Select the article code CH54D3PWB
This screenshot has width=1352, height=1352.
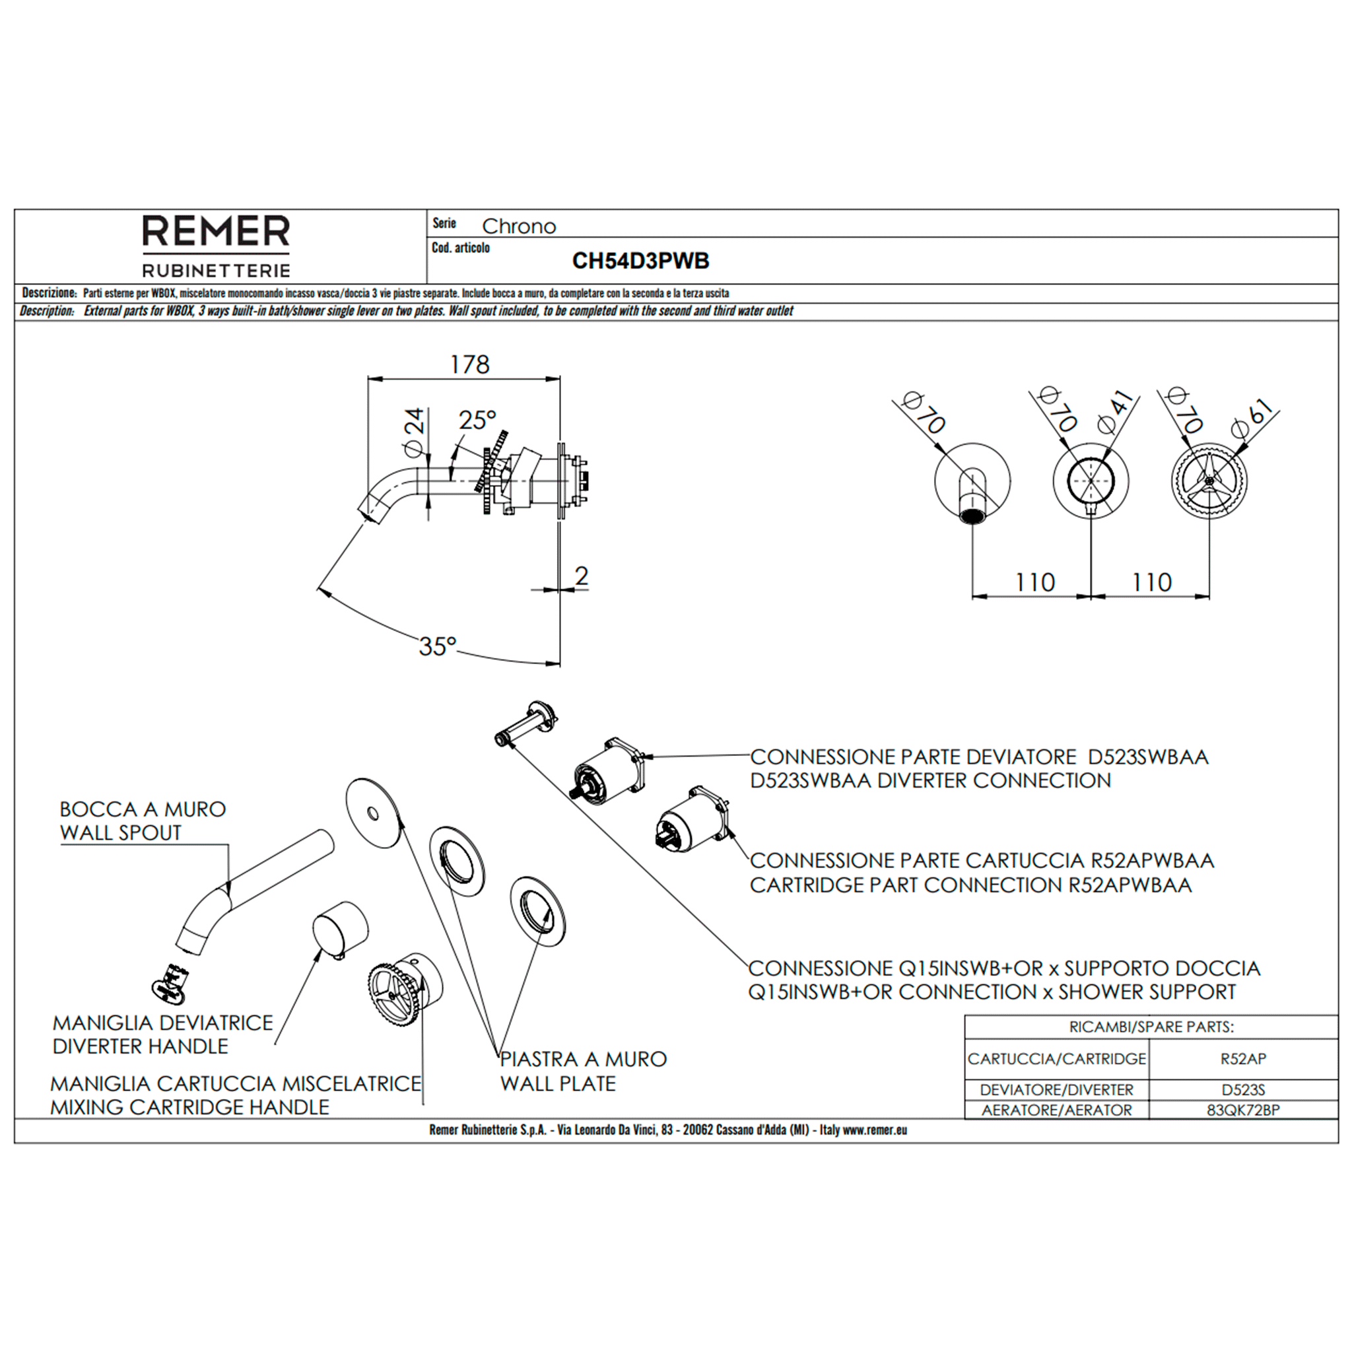[x=640, y=261]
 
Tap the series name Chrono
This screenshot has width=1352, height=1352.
[x=518, y=226]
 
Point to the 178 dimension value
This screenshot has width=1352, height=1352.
[x=469, y=364]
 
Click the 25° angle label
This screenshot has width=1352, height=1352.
[x=477, y=420]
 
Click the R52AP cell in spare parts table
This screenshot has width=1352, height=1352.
[x=1243, y=1059]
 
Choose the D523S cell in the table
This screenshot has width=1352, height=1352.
[x=1243, y=1089]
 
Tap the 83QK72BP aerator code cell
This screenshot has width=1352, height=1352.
[x=1243, y=1110]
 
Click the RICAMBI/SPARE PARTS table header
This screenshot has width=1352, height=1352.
[x=1151, y=1027]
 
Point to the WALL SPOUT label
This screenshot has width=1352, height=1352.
[x=120, y=832]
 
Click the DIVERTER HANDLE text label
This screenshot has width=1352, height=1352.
[x=140, y=1047]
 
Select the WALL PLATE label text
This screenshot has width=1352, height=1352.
[x=558, y=1084]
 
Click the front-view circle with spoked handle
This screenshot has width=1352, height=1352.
[x=1209, y=480]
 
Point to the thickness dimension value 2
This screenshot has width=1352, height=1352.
[x=581, y=576]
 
